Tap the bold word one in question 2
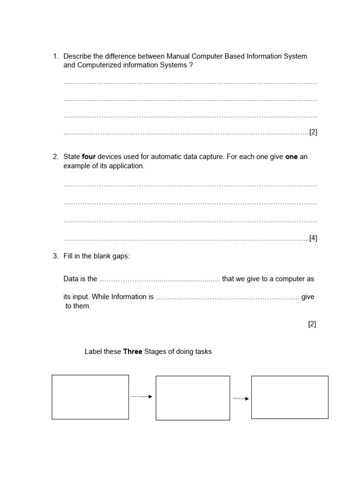(x=291, y=157)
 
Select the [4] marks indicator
(x=313, y=238)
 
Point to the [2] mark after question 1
(x=313, y=132)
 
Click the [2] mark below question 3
(x=312, y=324)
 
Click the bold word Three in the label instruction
(x=133, y=352)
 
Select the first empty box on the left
(x=90, y=397)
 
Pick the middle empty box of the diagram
(x=193, y=397)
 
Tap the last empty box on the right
(x=290, y=397)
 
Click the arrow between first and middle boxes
(x=141, y=397)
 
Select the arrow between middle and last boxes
(x=241, y=398)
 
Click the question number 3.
(x=55, y=256)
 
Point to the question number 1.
(x=55, y=56)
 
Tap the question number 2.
(x=55, y=157)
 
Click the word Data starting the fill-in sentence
(x=71, y=279)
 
